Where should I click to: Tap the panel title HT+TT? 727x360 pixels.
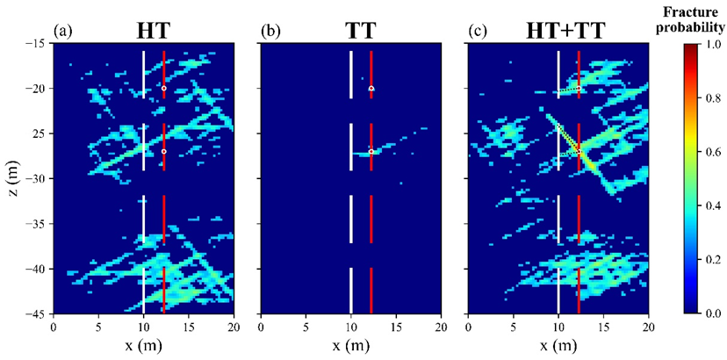(558, 30)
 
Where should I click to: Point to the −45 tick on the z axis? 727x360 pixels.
(35, 313)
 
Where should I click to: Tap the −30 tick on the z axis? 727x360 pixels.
(35, 178)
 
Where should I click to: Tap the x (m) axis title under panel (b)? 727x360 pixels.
(351, 345)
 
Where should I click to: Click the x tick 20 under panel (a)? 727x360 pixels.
(234, 327)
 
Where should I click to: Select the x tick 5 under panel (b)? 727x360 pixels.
(306, 327)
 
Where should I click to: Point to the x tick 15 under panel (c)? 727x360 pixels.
(603, 327)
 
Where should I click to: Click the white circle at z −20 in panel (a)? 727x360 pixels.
(164, 89)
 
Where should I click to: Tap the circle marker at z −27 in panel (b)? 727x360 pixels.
(371, 152)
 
